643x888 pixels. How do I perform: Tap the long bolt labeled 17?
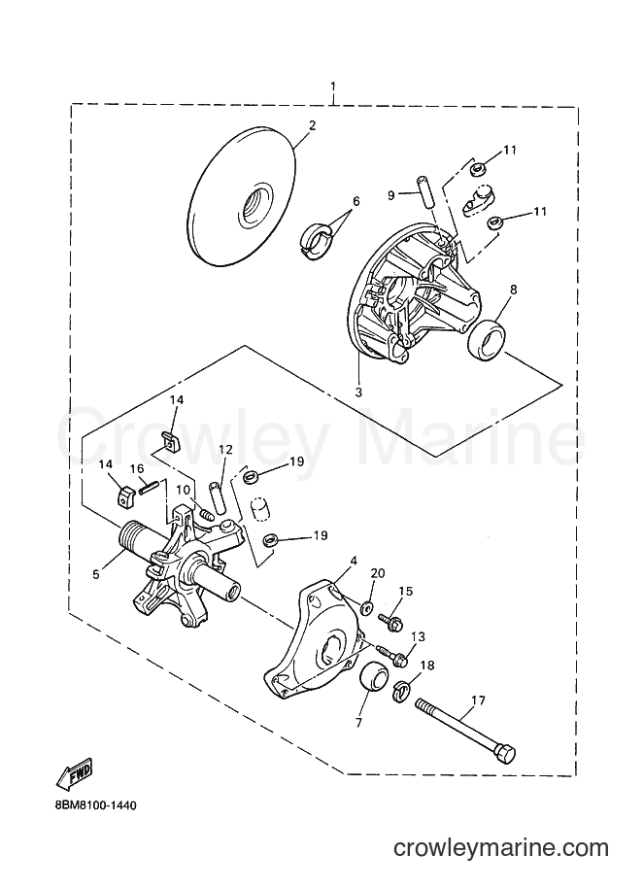(466, 730)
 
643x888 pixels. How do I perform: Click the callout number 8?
(514, 290)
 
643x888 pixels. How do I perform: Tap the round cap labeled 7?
(374, 682)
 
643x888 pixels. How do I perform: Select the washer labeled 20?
(366, 608)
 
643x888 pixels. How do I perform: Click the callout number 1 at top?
(333, 86)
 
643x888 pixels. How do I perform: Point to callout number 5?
(96, 574)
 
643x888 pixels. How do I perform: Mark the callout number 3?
(358, 392)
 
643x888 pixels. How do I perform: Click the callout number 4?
(354, 561)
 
